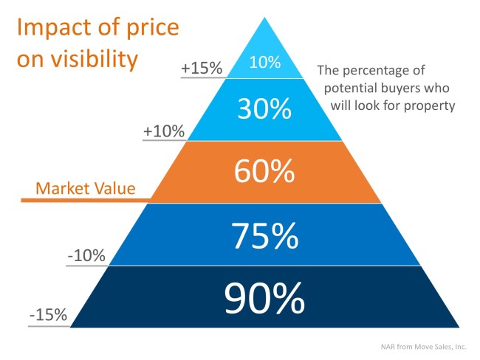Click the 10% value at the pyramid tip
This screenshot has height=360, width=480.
point(265,63)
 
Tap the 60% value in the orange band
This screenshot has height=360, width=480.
point(265,171)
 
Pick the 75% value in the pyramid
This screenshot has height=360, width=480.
point(265,235)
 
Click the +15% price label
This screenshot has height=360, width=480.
point(202,68)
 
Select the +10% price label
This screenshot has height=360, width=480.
point(165,131)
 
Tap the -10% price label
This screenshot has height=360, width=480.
point(86,257)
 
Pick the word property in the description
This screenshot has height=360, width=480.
point(431,105)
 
